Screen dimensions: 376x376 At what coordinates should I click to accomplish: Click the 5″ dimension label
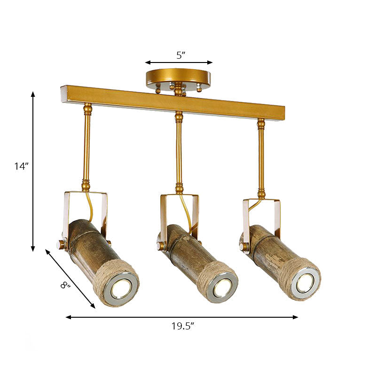coord(180,55)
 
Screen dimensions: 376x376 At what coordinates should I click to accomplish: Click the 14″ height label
coord(21,166)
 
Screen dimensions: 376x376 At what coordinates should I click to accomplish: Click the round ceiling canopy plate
coord(178,77)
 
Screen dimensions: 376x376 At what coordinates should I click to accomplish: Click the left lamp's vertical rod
coord(87,146)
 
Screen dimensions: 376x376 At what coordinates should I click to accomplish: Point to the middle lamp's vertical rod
coord(179,150)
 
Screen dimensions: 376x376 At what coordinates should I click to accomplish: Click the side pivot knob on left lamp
coord(61,244)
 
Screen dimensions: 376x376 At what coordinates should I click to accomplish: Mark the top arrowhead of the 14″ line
coord(33,94)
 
